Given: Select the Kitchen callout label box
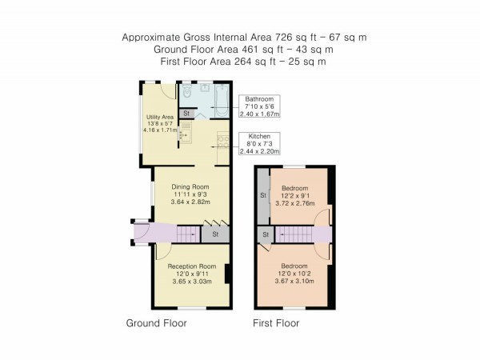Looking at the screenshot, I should coord(261,145).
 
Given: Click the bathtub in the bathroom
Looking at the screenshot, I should coord(219,95).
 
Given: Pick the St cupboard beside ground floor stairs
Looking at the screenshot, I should coord(215,234).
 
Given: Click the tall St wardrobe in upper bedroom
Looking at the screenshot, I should coord(262,196).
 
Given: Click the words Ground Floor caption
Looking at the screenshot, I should coord(157,324).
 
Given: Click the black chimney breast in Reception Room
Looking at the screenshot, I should coord(227,274).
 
